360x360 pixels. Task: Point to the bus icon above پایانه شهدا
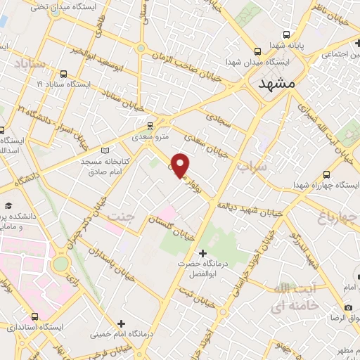click(x=286, y=34)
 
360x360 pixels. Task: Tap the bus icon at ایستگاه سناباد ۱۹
click(x=64, y=73)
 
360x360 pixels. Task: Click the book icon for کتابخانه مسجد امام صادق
click(x=105, y=150)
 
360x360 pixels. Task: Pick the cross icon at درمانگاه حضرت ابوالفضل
click(x=203, y=252)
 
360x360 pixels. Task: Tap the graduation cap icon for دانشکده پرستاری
click(x=8, y=206)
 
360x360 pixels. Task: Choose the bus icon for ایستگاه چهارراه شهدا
click(x=327, y=174)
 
